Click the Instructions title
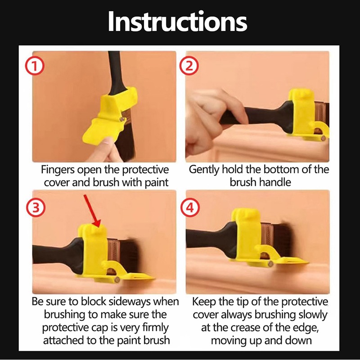click(x=177, y=21)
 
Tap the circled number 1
click(x=35, y=66)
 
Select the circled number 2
click(x=189, y=66)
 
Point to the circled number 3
click(x=36, y=208)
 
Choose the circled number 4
click(x=190, y=208)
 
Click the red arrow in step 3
click(x=92, y=211)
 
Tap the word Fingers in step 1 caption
click(x=58, y=170)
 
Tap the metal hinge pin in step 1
click(x=122, y=119)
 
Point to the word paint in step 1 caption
click(x=157, y=183)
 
